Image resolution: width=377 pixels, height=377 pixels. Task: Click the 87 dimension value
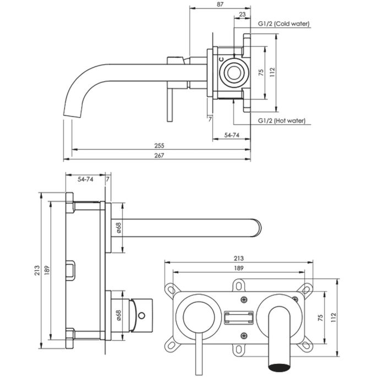220,4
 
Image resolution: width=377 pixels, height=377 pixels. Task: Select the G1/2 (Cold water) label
284,24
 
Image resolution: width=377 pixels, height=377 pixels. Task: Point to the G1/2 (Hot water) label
282,121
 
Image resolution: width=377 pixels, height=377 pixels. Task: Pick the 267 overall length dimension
160,156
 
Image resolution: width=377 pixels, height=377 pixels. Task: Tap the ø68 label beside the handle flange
118,315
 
